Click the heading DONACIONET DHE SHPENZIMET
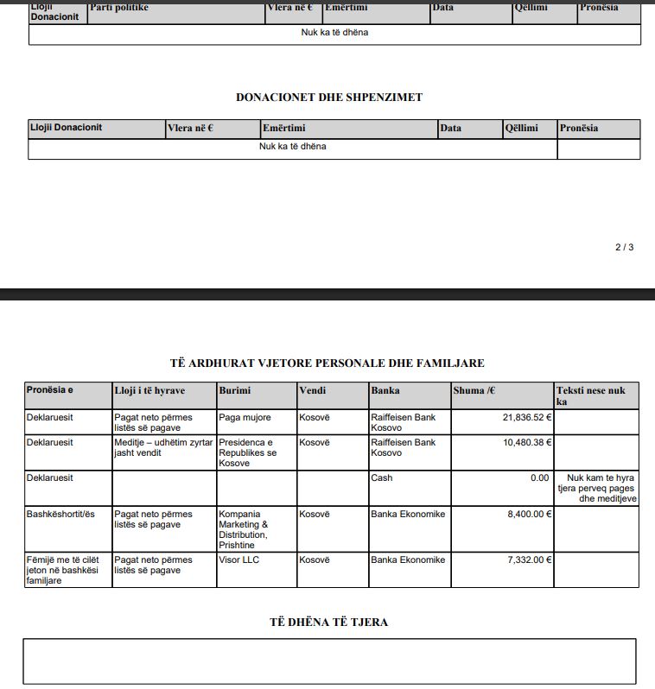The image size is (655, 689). (329, 98)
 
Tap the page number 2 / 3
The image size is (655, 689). (624, 248)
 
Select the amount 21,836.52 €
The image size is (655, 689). (526, 418)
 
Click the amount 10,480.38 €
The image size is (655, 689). (526, 443)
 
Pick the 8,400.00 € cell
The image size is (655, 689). (529, 515)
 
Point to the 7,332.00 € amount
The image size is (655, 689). (529, 560)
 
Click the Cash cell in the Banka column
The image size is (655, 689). (381, 477)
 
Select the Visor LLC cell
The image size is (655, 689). (239, 560)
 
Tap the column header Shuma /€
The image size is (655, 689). (474, 391)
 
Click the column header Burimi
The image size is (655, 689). (234, 391)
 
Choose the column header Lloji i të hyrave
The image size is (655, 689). (149, 391)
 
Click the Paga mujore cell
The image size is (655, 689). (245, 418)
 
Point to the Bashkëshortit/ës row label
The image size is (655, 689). (60, 515)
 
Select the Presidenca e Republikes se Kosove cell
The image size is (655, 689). (248, 452)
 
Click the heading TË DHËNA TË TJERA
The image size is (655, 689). (328, 623)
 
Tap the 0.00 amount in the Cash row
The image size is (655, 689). (539, 477)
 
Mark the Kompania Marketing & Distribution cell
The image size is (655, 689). (245, 529)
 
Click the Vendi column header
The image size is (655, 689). (312, 391)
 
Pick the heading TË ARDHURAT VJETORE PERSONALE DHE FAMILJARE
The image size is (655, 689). (327, 363)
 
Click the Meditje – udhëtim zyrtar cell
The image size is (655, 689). (163, 447)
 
